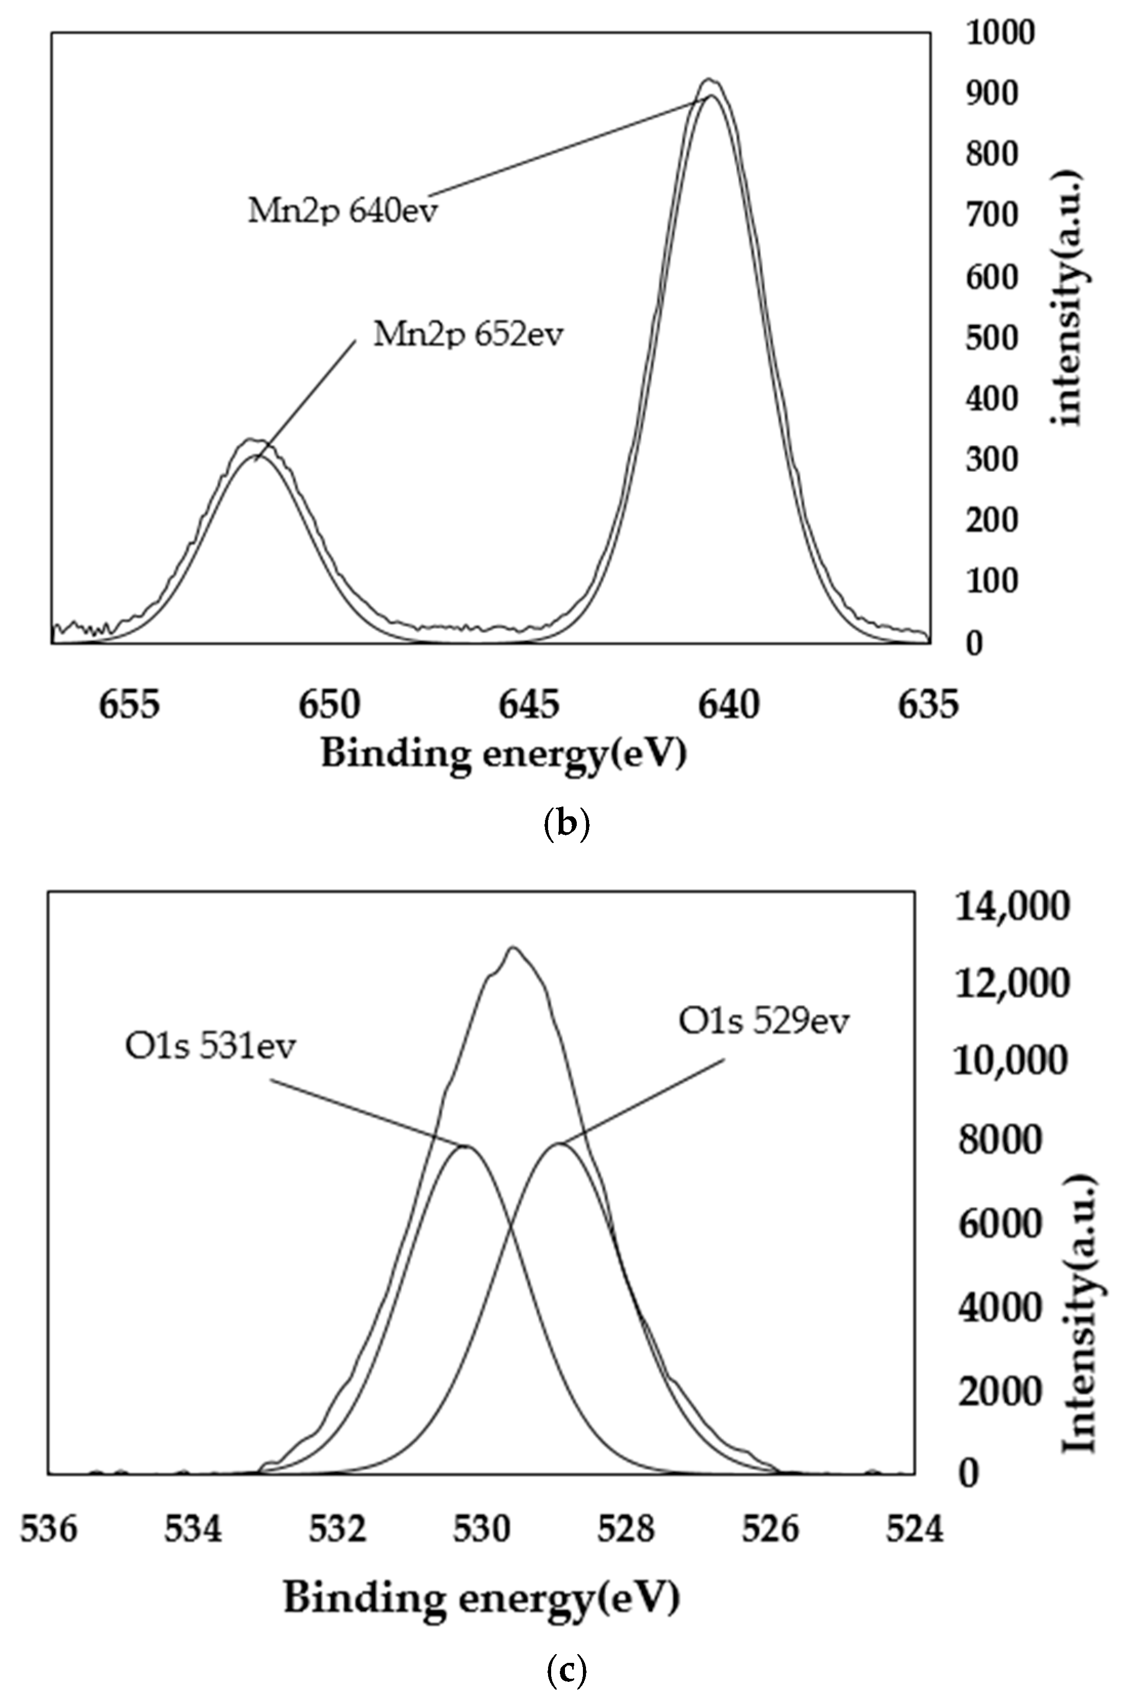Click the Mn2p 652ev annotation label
pyautogui.click(x=468, y=334)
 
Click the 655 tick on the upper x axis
pyautogui.click(x=130, y=705)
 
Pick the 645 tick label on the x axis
pyautogui.click(x=529, y=705)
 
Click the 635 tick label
pyautogui.click(x=928, y=705)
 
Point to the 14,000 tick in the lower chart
pyautogui.click(x=1010, y=907)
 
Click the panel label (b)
pyautogui.click(x=565, y=823)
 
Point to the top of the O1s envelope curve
pyautogui.click(x=513, y=947)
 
